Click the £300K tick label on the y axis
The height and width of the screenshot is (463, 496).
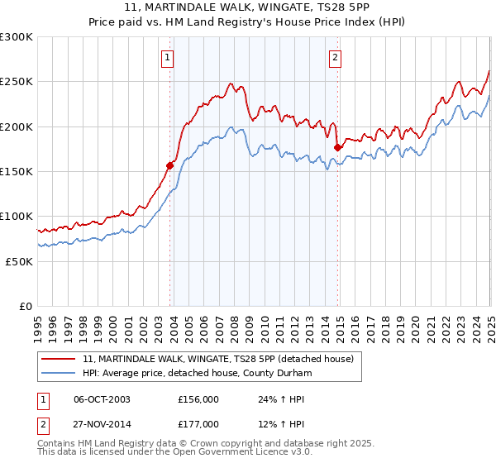click(17, 37)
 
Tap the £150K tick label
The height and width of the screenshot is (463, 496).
click(17, 172)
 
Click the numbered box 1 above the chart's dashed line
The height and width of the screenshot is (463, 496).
click(168, 58)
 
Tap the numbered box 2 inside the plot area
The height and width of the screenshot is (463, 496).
click(335, 58)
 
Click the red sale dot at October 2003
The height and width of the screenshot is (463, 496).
click(170, 165)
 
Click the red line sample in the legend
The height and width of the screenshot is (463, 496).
click(60, 359)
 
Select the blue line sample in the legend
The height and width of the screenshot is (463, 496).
click(60, 372)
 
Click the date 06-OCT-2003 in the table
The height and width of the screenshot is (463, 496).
click(102, 399)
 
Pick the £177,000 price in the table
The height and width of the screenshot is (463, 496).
click(198, 423)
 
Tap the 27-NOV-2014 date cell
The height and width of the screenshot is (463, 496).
click(103, 423)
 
